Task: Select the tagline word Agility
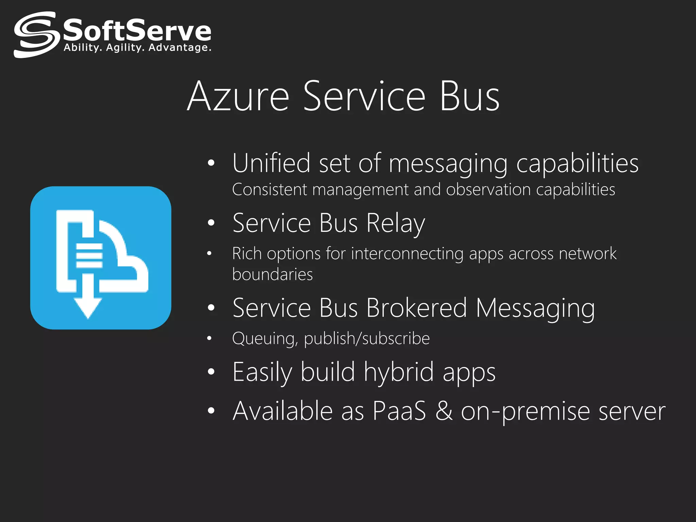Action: point(125,48)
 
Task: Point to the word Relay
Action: point(396,223)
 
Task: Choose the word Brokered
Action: point(417,308)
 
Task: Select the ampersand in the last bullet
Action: point(444,411)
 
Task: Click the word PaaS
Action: point(399,411)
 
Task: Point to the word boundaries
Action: point(272,274)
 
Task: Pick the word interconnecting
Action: point(407,254)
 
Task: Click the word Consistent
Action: point(269,190)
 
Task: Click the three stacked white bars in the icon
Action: point(89,256)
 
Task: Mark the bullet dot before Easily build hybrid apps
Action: point(211,372)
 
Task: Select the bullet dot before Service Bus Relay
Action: point(211,223)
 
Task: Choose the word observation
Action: point(488,190)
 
